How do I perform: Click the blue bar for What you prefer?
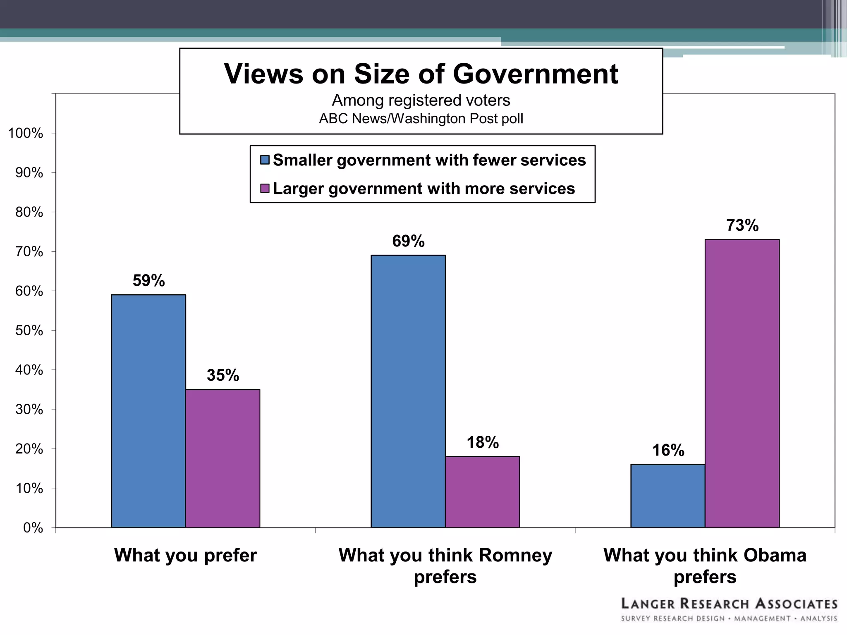click(x=148, y=411)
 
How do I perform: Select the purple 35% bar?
click(x=223, y=458)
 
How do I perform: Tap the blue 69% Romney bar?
click(x=408, y=391)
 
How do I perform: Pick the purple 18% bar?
click(x=482, y=492)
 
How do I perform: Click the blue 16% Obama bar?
click(x=668, y=496)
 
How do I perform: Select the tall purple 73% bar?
click(x=742, y=383)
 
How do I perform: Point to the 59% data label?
click(x=148, y=281)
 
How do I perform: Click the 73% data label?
click(x=742, y=225)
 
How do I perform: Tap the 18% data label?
click(x=483, y=442)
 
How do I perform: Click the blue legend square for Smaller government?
click(x=265, y=160)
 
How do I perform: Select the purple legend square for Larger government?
click(x=265, y=189)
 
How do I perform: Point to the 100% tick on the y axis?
click(x=25, y=133)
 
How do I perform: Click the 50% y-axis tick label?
click(x=29, y=330)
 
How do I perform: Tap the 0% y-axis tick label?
click(x=33, y=528)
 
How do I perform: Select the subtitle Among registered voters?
click(x=421, y=100)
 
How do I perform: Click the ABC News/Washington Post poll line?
click(x=421, y=119)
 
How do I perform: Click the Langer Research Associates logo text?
click(x=729, y=604)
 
